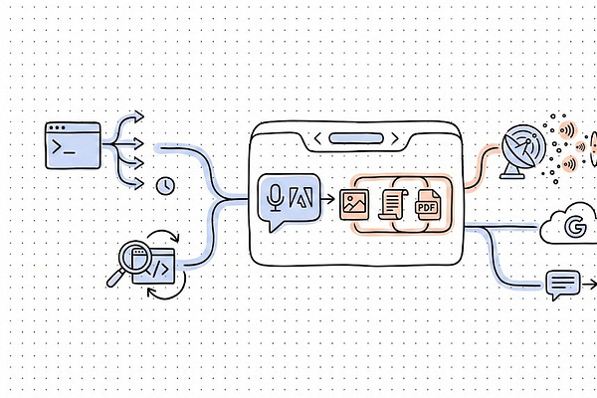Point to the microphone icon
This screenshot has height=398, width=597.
pos(276,196)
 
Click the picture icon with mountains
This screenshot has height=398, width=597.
pos(354,205)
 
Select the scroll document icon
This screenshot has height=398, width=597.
pos(393,206)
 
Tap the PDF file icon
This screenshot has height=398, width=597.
pos(427,205)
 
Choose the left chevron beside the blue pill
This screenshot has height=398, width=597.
pos(317,138)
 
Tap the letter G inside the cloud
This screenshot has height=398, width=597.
pos(575,228)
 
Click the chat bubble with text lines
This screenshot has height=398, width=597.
pos(562,285)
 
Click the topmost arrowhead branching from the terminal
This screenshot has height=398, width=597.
pos(139,116)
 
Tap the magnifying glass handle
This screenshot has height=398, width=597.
pos(114,280)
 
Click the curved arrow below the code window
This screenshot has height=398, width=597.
pos(171,291)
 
